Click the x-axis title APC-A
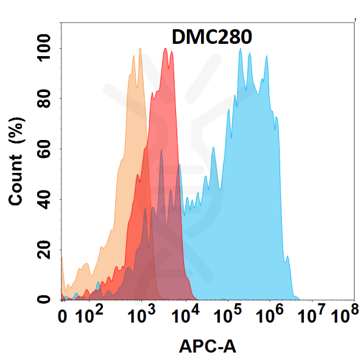(x=208, y=346)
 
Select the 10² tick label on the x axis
(x=89, y=316)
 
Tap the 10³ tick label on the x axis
(x=141, y=316)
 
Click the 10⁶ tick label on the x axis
(x=270, y=316)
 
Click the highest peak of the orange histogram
(x=140, y=49)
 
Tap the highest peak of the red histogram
(x=166, y=49)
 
